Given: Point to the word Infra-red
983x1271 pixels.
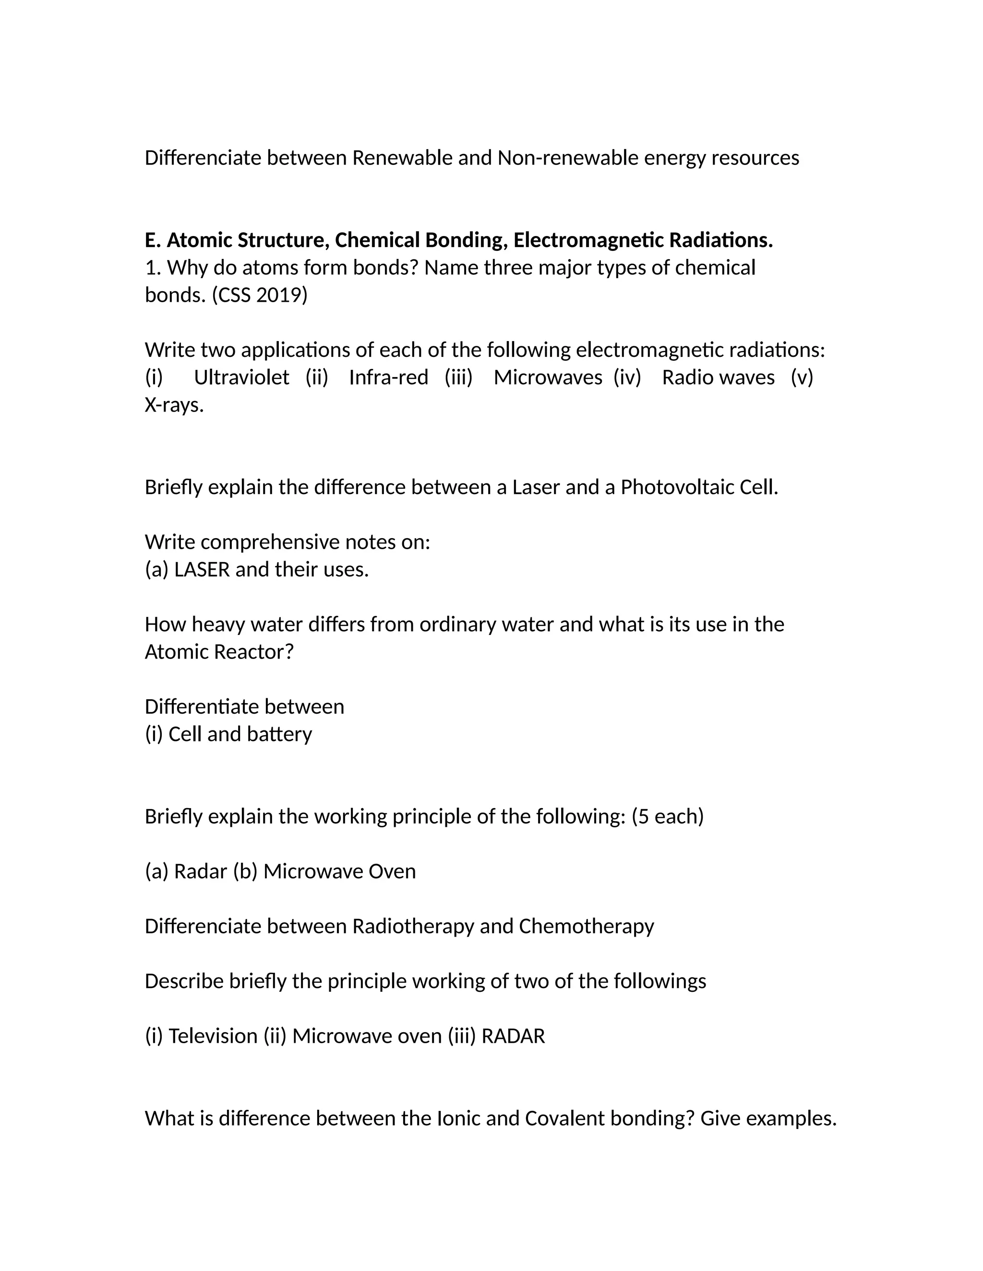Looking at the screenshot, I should pyautogui.click(x=388, y=377).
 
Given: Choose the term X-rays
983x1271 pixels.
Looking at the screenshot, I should pyautogui.click(x=174, y=405).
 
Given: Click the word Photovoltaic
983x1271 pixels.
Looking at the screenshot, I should pyautogui.click(x=677, y=487).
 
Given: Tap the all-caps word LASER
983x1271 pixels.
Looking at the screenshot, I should pyautogui.click(x=202, y=570).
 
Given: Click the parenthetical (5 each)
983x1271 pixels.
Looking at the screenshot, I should pyautogui.click(x=668, y=816).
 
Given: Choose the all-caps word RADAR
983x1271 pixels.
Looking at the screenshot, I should pyautogui.click(x=513, y=1036).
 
